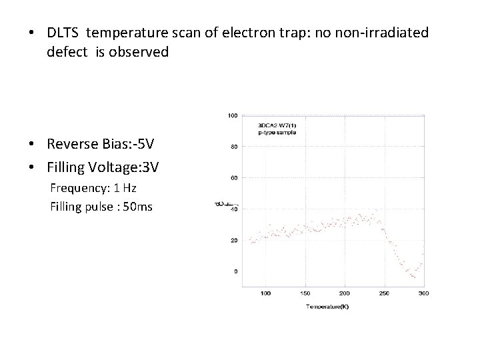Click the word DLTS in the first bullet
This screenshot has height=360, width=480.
click(x=65, y=32)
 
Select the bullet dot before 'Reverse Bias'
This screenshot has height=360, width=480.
click(x=33, y=145)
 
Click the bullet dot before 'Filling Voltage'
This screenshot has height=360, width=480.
click(x=33, y=167)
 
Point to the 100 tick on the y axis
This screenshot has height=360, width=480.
click(x=233, y=115)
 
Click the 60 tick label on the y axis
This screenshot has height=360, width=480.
click(x=234, y=178)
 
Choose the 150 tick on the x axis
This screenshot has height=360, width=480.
click(x=305, y=293)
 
